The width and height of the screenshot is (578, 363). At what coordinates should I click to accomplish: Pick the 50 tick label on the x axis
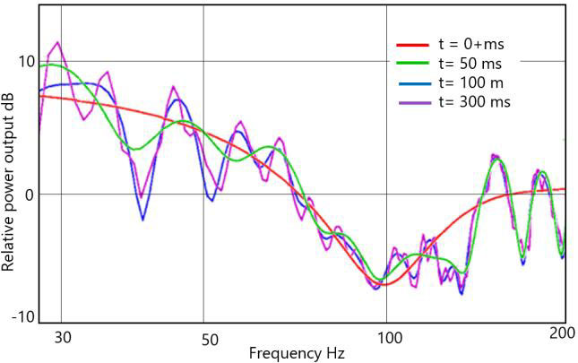[x=209, y=340]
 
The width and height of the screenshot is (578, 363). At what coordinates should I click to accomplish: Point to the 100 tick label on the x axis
[x=390, y=340]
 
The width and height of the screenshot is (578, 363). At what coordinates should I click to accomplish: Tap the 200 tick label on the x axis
[x=562, y=333]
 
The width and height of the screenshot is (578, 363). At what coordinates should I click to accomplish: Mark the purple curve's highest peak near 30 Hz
[x=58, y=42]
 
